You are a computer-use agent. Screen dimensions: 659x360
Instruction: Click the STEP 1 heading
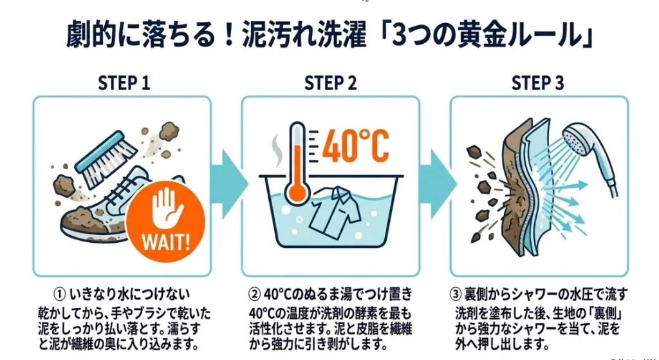(124, 83)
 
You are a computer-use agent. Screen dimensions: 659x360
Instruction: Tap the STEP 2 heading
(330, 83)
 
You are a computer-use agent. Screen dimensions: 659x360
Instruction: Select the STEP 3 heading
(537, 83)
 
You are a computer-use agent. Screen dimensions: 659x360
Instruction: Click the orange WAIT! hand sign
(165, 221)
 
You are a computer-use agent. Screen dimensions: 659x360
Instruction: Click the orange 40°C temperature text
(355, 146)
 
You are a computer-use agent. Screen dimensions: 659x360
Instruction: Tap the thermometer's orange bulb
(297, 191)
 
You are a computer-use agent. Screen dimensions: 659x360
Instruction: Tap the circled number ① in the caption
(60, 294)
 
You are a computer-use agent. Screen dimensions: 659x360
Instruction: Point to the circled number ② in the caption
(254, 294)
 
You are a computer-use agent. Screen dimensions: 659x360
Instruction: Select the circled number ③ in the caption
(456, 294)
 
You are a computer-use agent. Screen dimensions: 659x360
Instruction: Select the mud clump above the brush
(169, 131)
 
